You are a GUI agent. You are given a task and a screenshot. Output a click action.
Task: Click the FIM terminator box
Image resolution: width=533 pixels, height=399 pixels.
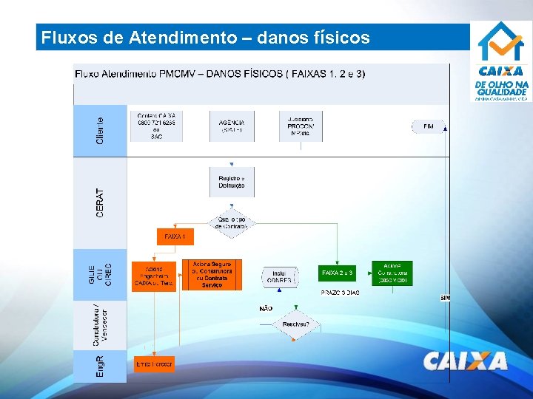pyautogui.click(x=428, y=126)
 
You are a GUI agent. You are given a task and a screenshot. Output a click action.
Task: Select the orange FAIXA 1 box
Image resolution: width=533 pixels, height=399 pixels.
pyautogui.click(x=175, y=237)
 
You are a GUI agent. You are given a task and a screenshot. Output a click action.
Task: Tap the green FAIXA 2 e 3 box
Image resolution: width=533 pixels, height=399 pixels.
pyautogui.click(x=338, y=273)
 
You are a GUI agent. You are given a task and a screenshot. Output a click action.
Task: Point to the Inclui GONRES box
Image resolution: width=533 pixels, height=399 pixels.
pyautogui.click(x=279, y=276)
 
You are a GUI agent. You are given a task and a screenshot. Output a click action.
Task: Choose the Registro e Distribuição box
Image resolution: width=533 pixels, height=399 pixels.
pyautogui.click(x=232, y=182)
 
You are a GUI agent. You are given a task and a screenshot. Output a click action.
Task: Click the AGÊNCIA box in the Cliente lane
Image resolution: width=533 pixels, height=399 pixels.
pyautogui.click(x=232, y=126)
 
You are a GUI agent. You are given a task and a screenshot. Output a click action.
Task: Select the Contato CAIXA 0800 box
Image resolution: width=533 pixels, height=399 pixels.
pyautogui.click(x=156, y=126)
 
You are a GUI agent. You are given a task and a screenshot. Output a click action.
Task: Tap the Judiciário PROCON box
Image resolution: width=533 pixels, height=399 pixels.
pyautogui.click(x=301, y=126)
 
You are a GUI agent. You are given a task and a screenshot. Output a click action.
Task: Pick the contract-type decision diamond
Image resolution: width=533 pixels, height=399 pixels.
pyautogui.click(x=232, y=222)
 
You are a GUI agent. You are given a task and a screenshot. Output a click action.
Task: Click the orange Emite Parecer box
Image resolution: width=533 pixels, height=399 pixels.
pyautogui.click(x=154, y=364)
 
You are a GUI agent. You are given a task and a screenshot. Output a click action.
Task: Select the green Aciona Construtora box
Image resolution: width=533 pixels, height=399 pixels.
pyautogui.click(x=393, y=273)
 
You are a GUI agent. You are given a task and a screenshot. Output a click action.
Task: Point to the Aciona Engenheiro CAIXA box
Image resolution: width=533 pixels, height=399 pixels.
pyautogui.click(x=154, y=276)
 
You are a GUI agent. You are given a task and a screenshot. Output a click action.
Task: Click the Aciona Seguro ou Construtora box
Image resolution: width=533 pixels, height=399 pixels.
pyautogui.click(x=212, y=274)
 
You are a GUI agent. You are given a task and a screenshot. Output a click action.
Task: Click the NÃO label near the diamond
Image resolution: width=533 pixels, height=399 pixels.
pyautogui.click(x=266, y=308)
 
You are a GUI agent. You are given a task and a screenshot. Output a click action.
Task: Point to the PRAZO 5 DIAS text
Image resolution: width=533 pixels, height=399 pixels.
pyautogui.click(x=340, y=293)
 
